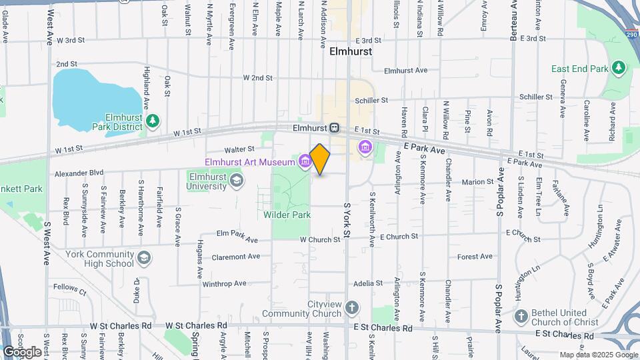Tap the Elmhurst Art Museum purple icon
point(305,161)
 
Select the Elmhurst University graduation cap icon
point(235,180)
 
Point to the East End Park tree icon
point(619,68)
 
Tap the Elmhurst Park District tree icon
point(154,120)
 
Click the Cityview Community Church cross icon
point(352,308)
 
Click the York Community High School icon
point(144,258)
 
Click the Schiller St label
point(371,100)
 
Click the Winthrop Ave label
point(224,284)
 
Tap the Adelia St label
point(368,283)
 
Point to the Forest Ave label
point(475,257)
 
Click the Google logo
point(23,351)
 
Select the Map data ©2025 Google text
point(597,355)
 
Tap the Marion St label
point(477,181)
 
